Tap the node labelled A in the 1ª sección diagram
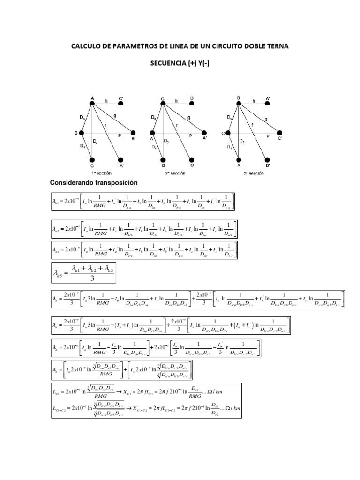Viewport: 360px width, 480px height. [92, 104]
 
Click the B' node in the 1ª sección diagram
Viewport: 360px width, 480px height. [134, 133]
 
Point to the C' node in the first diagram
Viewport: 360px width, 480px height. [121, 104]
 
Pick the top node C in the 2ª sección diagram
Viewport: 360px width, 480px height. [162, 104]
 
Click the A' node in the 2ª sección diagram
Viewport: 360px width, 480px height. [204, 133]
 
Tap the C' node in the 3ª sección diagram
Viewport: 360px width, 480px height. [280, 133]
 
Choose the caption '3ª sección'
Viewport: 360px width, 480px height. [253, 173]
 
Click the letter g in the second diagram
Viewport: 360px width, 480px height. [188, 118]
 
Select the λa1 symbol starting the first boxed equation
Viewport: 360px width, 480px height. [57, 201]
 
